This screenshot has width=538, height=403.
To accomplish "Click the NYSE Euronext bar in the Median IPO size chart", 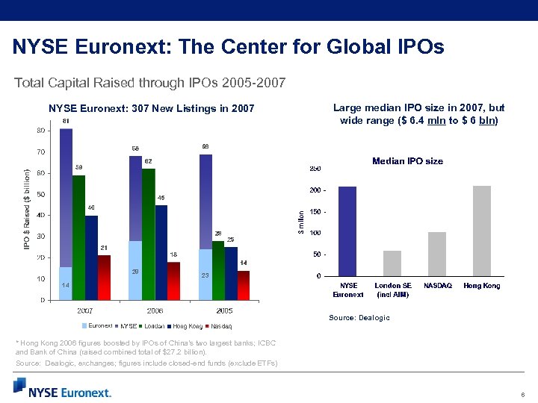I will (x=347, y=231).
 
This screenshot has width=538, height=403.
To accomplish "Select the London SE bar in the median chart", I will (x=392, y=263).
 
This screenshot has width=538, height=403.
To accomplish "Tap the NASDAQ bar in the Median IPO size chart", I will (x=437, y=254).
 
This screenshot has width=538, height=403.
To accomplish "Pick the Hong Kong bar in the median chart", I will (x=482, y=231).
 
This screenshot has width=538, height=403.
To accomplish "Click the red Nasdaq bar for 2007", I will (x=104, y=278).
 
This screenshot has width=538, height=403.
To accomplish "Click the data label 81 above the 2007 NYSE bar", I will (x=67, y=121).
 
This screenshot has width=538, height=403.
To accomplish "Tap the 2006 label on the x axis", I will (x=155, y=310).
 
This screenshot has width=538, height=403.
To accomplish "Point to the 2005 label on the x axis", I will (x=224, y=310).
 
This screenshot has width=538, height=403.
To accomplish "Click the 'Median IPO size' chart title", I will (x=407, y=161).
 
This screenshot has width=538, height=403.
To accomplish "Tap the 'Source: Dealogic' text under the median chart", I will (x=359, y=318).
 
